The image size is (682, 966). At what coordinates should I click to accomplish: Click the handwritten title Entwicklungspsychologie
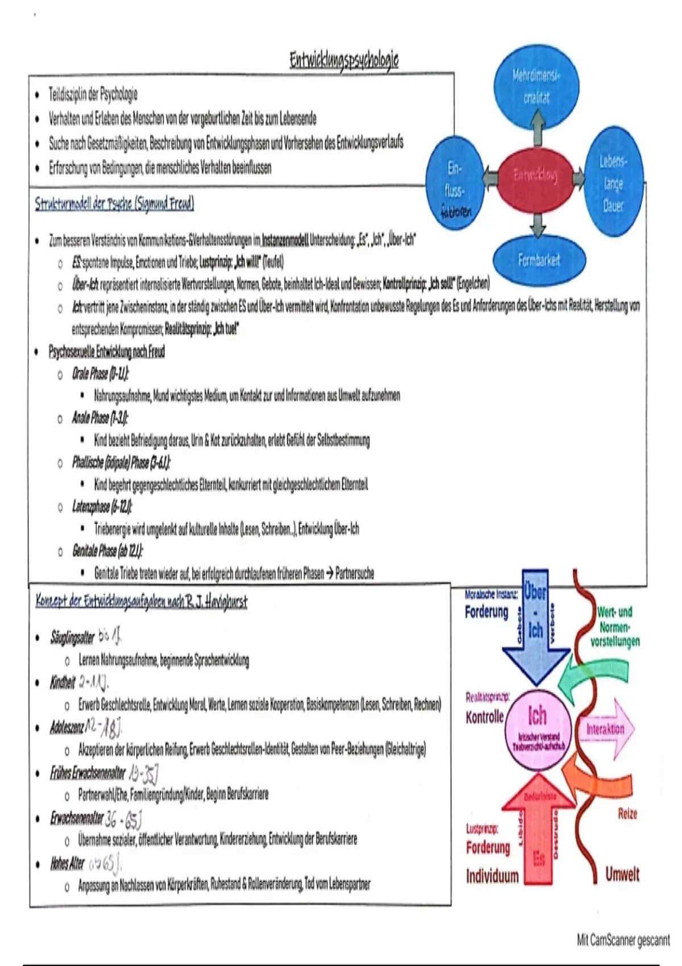[x=344, y=60]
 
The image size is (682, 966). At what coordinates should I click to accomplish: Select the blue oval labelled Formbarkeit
[x=538, y=260]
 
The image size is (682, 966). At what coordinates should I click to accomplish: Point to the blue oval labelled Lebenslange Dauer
[x=613, y=184]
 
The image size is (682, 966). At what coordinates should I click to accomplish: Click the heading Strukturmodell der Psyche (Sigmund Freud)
[x=114, y=204]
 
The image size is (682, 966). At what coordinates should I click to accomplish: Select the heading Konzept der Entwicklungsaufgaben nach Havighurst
[x=141, y=601]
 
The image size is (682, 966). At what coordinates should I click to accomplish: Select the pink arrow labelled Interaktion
[x=606, y=730]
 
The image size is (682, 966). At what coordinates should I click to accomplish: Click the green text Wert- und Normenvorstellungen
[x=614, y=627]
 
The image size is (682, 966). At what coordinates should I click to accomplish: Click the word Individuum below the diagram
[x=492, y=876]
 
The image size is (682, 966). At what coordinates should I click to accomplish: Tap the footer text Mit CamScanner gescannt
[x=623, y=940]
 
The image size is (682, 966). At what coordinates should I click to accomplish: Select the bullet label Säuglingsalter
[x=72, y=638]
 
